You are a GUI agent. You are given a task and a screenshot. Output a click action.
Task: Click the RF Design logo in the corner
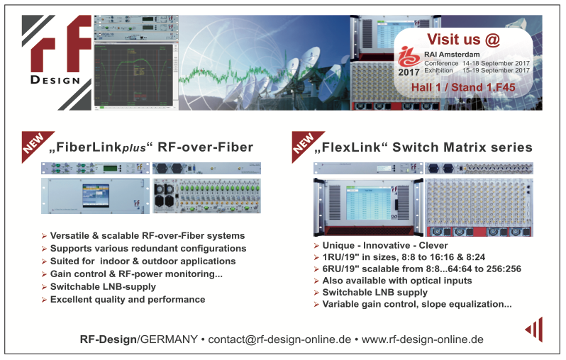[x=57, y=62]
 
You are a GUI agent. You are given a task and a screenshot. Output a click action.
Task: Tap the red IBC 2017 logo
[x=409, y=62]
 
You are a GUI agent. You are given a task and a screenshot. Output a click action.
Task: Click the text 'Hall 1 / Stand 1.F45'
[x=463, y=87]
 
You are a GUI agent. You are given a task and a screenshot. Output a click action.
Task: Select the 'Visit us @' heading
[x=463, y=39]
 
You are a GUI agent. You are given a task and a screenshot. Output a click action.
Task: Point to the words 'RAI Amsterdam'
[x=452, y=55]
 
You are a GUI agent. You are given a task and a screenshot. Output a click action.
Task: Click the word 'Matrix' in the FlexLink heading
[x=465, y=147]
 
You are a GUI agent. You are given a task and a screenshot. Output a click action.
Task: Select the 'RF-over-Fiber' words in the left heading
[x=206, y=147]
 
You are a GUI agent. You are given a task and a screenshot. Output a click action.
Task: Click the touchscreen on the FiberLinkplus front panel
[x=96, y=195]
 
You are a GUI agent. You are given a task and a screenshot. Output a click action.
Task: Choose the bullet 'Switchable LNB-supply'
[x=103, y=287]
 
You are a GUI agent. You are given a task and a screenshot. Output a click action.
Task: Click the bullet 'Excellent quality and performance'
[x=128, y=299]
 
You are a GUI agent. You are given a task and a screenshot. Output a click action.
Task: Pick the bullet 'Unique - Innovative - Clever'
[x=385, y=246]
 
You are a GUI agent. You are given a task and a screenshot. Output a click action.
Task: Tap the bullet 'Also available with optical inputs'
[x=396, y=281]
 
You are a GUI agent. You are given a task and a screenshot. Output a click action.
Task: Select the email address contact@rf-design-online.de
[x=279, y=339]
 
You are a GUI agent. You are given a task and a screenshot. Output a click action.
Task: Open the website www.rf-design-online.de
[x=422, y=339]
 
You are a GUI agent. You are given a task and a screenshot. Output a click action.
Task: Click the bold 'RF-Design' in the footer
[x=109, y=339]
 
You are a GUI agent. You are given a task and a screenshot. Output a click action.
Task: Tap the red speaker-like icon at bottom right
[x=534, y=330]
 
